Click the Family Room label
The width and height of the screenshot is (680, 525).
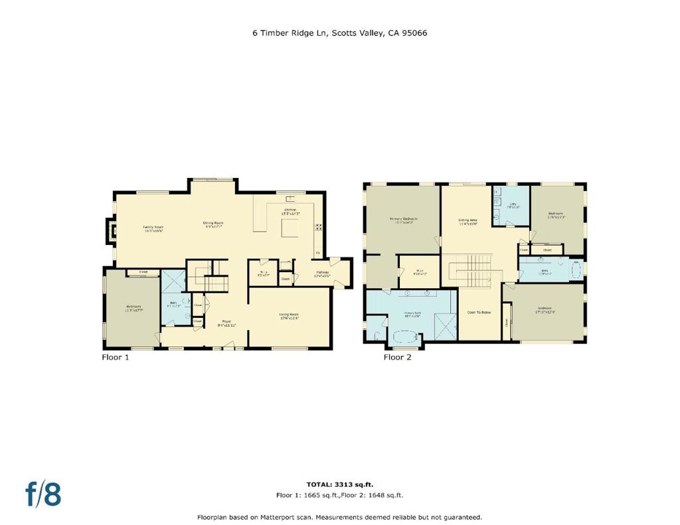coord(153,229)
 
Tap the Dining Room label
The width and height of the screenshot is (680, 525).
coord(212,224)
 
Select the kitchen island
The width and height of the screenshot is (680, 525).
coord(290,228)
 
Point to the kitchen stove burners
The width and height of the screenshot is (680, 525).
coord(318,227)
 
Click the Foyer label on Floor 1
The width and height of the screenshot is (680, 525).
coord(226,323)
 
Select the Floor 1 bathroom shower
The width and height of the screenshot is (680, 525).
coord(173,281)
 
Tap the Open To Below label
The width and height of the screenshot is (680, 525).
coord(479,313)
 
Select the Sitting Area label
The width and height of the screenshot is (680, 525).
coord(468,221)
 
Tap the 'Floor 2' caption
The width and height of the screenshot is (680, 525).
coord(398,357)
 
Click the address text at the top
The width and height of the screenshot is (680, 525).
coord(339,32)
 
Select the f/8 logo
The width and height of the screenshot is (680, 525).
coord(43,494)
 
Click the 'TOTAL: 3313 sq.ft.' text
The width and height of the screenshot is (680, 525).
coord(339,485)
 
